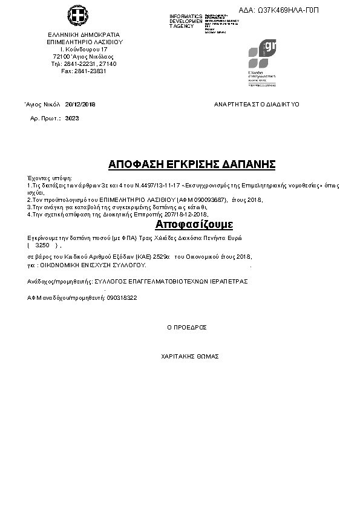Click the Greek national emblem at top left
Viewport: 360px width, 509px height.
(x=77, y=16)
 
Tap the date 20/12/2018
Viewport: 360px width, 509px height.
(x=80, y=104)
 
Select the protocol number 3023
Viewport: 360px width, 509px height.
(x=72, y=118)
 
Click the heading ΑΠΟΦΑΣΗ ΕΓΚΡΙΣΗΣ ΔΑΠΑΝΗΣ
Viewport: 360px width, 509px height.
(x=192, y=164)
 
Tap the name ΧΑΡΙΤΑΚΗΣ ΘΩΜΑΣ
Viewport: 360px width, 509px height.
(x=190, y=357)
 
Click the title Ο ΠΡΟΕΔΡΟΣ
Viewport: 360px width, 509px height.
(x=187, y=327)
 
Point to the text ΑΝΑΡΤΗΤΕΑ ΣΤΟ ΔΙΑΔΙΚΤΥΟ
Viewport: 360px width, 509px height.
(x=257, y=104)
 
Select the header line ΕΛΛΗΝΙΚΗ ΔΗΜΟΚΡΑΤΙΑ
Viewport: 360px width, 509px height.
(x=84, y=34)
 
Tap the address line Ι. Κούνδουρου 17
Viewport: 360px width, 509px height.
(x=84, y=49)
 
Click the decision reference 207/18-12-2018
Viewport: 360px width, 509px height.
(x=183, y=214)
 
